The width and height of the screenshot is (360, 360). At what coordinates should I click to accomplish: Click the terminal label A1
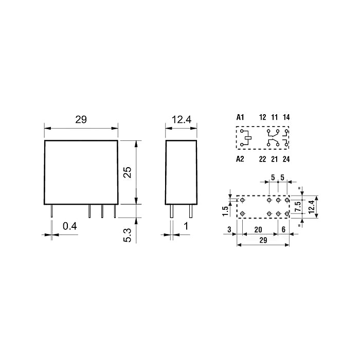(x=240, y=117)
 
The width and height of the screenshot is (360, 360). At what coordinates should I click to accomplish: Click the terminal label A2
(x=240, y=159)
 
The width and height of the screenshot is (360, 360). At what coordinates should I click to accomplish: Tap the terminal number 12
(x=262, y=117)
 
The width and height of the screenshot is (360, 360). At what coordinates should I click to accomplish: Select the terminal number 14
(x=286, y=117)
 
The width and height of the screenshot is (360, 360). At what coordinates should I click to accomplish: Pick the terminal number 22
(x=262, y=159)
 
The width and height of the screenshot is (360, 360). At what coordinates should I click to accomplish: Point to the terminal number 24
(x=286, y=159)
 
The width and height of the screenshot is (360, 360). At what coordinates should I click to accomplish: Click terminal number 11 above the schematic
(x=274, y=117)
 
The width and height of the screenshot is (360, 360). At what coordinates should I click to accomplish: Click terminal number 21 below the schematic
(x=274, y=159)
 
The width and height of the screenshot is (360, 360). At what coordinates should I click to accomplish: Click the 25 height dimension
(x=128, y=172)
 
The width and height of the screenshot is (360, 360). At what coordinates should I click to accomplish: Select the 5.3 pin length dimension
(x=128, y=235)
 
